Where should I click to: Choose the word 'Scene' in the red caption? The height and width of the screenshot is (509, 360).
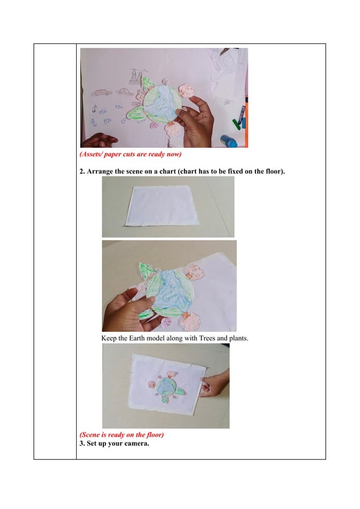point(91,435)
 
